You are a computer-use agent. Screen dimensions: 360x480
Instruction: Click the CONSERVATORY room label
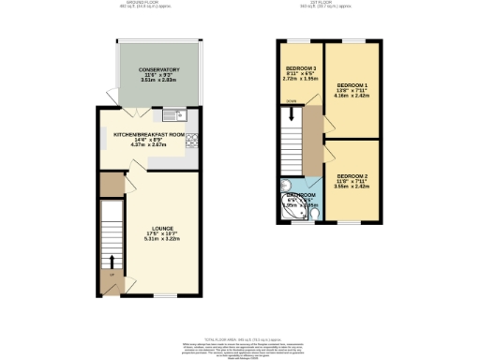158,69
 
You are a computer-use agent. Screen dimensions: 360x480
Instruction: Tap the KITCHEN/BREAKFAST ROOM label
152,134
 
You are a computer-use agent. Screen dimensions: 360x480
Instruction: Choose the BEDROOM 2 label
352,176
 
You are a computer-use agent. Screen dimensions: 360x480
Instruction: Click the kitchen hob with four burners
193,142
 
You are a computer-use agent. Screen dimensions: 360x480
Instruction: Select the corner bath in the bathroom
292,212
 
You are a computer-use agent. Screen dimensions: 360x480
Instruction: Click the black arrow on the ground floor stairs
112,273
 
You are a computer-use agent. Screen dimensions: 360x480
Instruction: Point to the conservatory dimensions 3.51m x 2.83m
158,81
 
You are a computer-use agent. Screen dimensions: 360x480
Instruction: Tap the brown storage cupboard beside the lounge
111,185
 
